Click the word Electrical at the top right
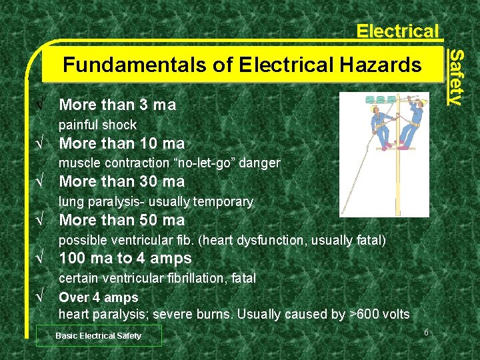397,31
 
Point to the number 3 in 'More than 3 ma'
144,105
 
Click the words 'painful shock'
97,125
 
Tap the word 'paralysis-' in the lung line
117,201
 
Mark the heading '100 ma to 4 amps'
125,258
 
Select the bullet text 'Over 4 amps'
99,297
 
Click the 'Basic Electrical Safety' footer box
99,336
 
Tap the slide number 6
424,333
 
